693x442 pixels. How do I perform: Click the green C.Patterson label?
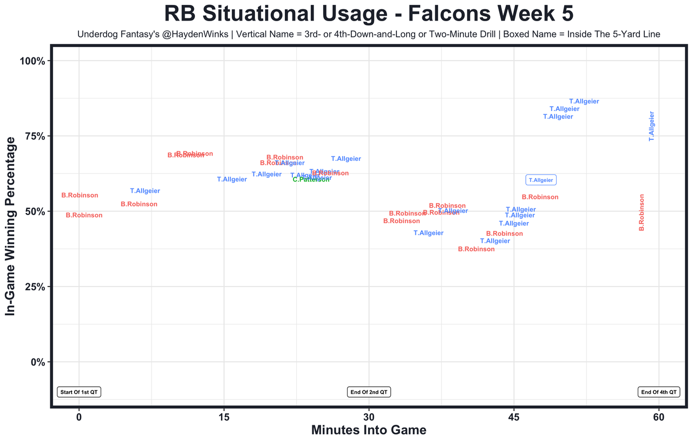(311, 180)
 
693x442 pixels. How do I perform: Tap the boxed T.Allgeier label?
(541, 180)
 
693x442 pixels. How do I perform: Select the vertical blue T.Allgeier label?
(652, 126)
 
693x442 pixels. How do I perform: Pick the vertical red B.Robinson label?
(642, 212)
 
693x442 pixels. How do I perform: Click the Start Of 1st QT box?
(80, 392)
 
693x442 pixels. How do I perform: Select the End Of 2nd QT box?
(369, 392)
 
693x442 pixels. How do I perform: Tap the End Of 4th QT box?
(658, 392)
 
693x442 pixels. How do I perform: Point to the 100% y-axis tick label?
(32, 61)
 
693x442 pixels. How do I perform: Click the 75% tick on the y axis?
(35, 136)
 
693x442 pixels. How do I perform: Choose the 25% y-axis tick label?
(35, 287)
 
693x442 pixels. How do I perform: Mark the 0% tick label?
(38, 362)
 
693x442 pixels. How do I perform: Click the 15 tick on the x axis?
(224, 418)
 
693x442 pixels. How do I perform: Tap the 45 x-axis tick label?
(514, 418)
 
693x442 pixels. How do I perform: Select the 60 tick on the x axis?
(659, 418)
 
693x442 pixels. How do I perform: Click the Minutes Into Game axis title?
(369, 431)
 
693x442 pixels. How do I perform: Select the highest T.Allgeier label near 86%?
(584, 102)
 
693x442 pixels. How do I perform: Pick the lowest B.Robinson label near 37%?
(476, 249)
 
